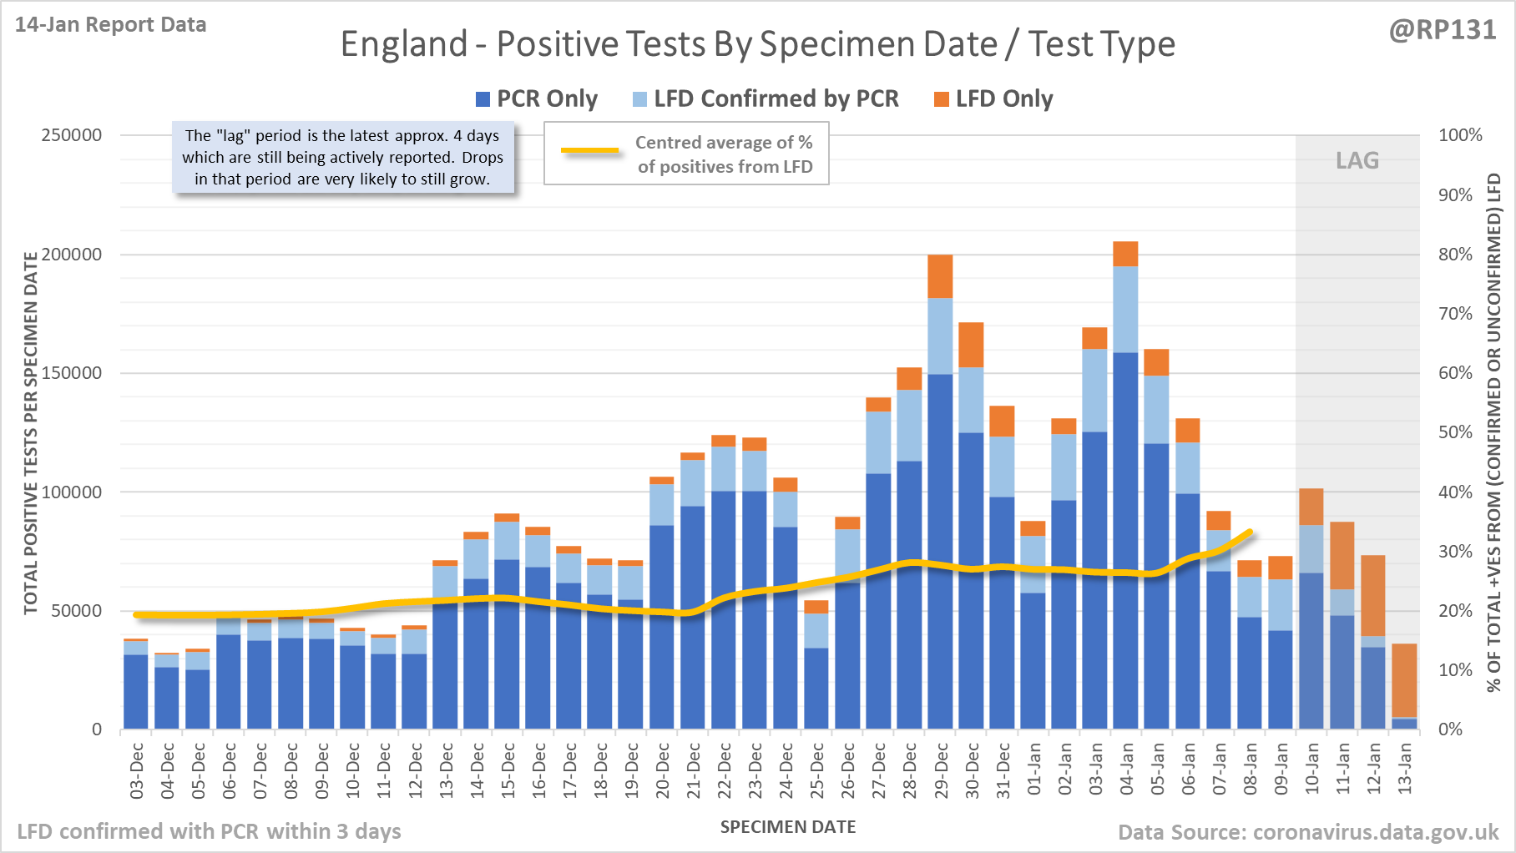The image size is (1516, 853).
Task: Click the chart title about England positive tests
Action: point(757,44)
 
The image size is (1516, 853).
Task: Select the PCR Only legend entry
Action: point(537,99)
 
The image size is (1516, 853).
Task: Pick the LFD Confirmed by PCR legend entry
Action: point(766,99)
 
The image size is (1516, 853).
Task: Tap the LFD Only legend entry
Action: point(993,99)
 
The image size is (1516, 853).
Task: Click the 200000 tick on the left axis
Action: point(72,255)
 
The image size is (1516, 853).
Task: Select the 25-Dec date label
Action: point(817,770)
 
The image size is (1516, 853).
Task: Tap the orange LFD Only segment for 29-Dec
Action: point(940,276)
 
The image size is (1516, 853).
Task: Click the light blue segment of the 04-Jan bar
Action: point(1125,309)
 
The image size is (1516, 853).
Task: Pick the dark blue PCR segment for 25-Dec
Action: point(816,689)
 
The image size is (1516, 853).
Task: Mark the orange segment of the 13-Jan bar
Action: point(1404,680)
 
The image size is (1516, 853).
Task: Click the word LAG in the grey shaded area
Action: point(1357,160)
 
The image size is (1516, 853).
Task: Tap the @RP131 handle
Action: point(1443,30)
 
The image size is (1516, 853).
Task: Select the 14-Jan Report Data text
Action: point(111,25)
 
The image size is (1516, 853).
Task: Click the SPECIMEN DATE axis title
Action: point(788,827)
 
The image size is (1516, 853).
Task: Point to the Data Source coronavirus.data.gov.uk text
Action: point(1308,832)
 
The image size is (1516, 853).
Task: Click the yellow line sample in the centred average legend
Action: point(590,151)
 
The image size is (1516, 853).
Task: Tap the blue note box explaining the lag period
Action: point(343,158)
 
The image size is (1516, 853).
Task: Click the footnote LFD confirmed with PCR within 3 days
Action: point(210,831)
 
